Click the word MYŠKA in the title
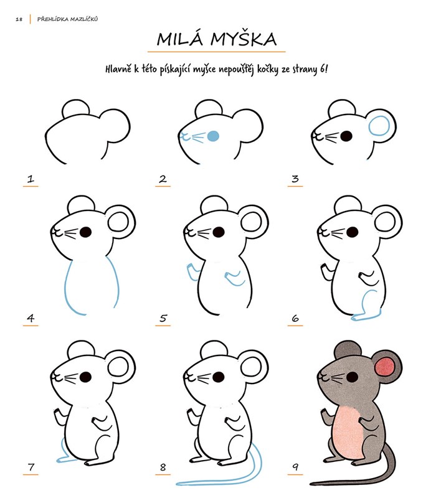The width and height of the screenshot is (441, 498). (244, 39)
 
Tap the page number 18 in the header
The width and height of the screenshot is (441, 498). (19, 19)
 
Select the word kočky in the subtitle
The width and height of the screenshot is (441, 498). (268, 69)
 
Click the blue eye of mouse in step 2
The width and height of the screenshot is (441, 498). (213, 136)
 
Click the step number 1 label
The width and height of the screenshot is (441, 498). (31, 179)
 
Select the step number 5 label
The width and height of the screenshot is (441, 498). (163, 318)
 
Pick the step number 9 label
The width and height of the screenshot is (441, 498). (295, 466)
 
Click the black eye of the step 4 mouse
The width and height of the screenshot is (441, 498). (85, 232)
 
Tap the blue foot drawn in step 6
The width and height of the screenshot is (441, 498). (366, 317)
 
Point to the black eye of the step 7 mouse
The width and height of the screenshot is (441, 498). (85, 377)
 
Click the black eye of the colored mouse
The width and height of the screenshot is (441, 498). (353, 377)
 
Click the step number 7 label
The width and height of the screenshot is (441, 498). (31, 467)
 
